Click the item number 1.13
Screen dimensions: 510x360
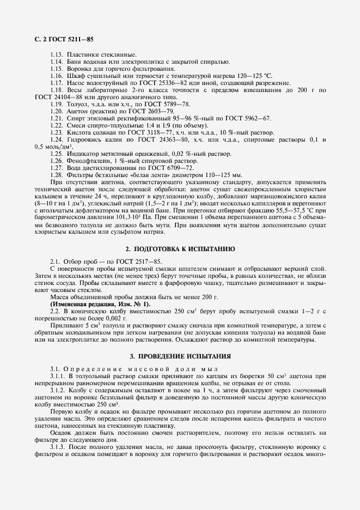57,56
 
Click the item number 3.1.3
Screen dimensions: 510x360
58,447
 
